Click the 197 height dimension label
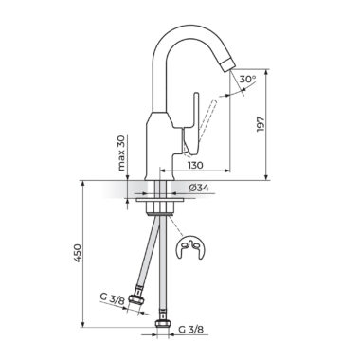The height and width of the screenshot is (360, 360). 261,124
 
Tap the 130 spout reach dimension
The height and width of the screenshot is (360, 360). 195,165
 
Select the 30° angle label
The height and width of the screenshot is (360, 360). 247,80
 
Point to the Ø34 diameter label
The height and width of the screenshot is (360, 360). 199,189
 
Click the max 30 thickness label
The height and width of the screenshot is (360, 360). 121,153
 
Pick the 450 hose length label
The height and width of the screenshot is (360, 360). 78,253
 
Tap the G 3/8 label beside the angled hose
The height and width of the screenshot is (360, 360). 113,298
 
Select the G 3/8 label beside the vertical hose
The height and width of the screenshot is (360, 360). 191,330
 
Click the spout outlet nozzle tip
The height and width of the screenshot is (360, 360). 228,64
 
